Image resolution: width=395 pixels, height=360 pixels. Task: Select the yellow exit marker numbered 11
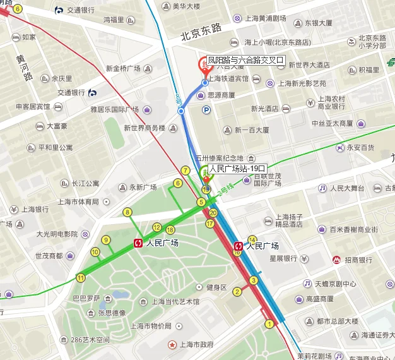[x=81, y=277]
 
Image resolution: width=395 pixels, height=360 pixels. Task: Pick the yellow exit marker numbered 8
[x=127, y=212]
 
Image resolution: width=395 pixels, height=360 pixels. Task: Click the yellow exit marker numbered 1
[x=269, y=324]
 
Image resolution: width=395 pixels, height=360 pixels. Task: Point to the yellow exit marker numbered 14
[x=252, y=240]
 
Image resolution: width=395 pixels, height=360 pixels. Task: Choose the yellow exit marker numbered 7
[x=186, y=171]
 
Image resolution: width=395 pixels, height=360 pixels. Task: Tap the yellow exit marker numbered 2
[x=237, y=291]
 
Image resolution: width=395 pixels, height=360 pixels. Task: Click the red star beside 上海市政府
[x=172, y=345]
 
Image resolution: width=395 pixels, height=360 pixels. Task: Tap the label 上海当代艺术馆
[x=175, y=301]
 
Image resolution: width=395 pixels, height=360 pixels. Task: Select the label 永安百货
[x=360, y=148]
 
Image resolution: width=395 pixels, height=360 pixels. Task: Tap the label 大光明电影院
[x=57, y=234]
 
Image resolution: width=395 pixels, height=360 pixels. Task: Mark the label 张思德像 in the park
[x=112, y=313]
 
